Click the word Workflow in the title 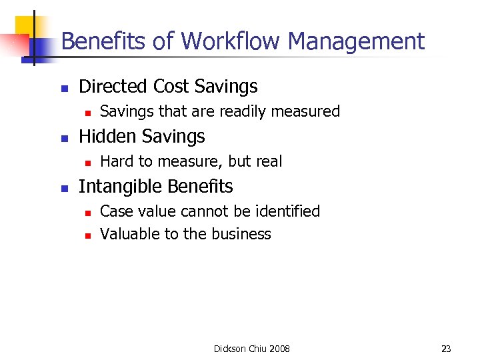coord(229,41)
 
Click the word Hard coord(117,161)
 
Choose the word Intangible coord(121,187)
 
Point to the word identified coord(287,211)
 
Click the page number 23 coord(446,349)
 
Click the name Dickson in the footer coord(229,349)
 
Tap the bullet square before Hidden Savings coord(63,138)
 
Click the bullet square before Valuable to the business coord(86,235)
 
